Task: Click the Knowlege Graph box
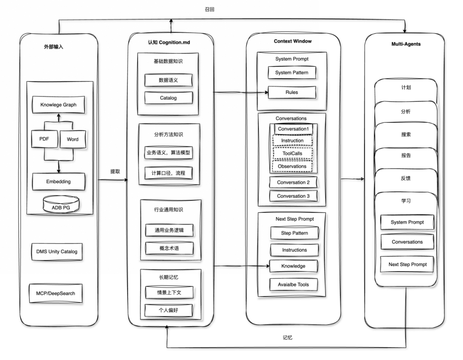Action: click(59, 105)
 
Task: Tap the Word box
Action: click(72, 139)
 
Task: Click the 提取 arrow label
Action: click(115, 171)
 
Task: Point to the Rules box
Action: click(292, 92)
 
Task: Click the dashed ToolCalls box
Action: click(292, 153)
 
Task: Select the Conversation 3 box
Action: click(294, 196)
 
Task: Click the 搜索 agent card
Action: click(405, 134)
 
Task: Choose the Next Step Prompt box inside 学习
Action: click(407, 264)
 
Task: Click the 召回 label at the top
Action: click(210, 9)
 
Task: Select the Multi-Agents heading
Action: click(406, 44)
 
